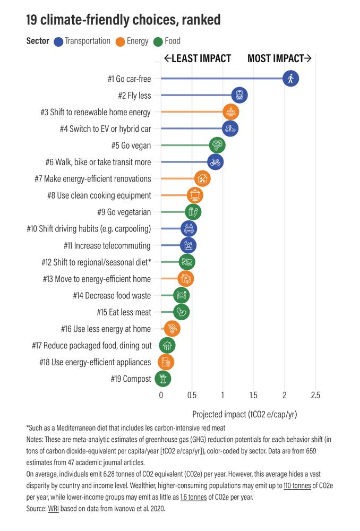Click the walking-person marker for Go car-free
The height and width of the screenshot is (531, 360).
(290, 79)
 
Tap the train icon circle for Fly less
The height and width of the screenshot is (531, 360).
(239, 96)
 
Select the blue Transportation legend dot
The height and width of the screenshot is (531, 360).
(58, 41)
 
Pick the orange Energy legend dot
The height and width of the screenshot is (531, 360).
(120, 41)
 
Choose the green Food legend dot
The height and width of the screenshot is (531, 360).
(158, 41)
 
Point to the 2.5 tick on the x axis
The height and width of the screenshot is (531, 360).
(315, 395)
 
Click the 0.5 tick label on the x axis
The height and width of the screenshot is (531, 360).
(192, 395)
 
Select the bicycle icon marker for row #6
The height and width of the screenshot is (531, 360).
(215, 162)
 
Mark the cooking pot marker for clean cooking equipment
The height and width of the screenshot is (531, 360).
(195, 195)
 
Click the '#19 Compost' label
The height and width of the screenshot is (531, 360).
(131, 379)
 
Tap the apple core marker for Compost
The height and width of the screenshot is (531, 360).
(162, 379)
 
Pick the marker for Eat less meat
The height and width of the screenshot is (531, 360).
(181, 312)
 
